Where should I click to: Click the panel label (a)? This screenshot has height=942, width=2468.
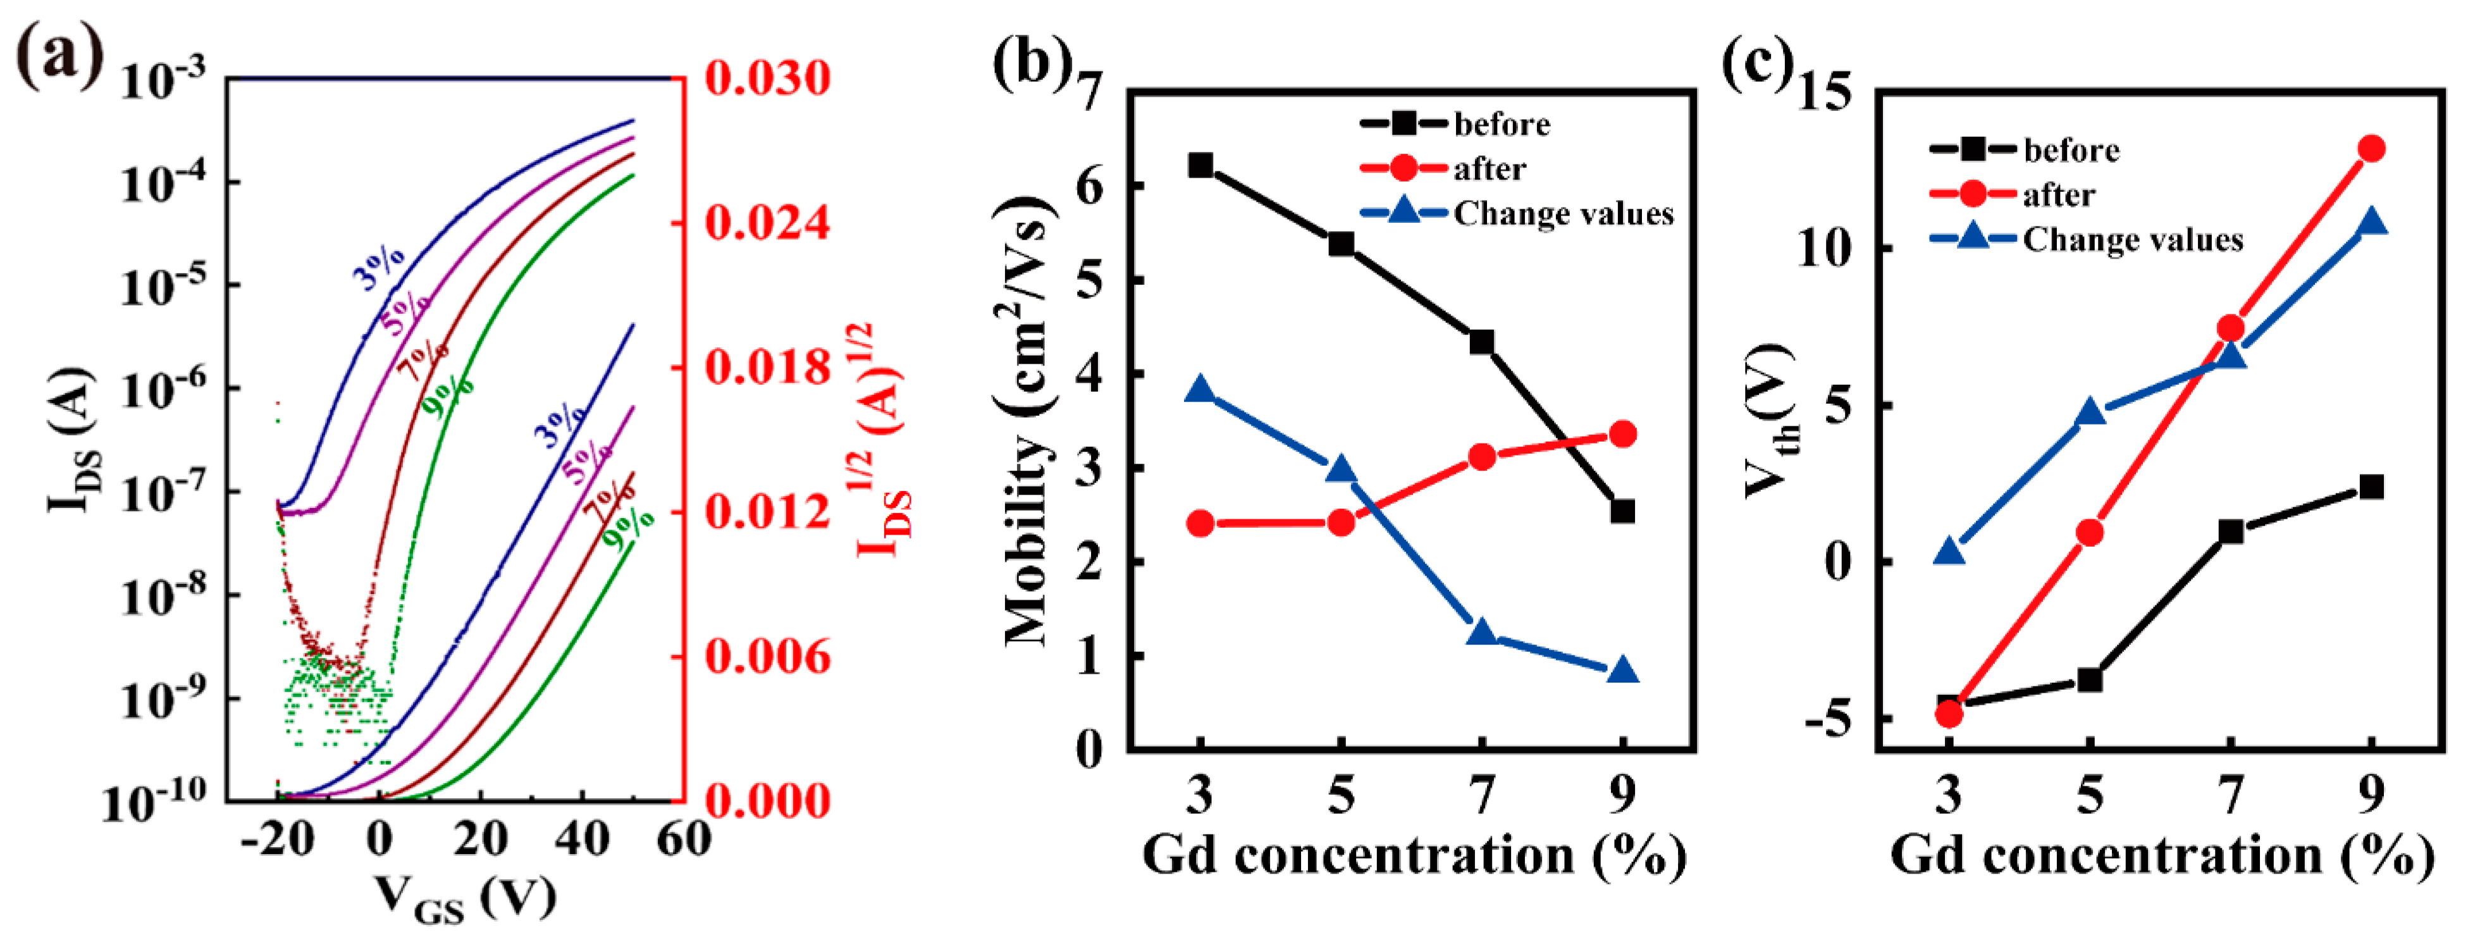click(59, 58)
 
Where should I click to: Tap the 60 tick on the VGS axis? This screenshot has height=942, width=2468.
click(682, 840)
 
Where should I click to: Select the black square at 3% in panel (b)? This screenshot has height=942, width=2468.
click(1200, 166)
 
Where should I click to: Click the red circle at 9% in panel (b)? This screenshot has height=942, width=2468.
click(1622, 434)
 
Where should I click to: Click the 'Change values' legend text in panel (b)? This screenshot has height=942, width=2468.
click(1564, 214)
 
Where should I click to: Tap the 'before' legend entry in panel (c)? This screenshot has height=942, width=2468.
click(2070, 151)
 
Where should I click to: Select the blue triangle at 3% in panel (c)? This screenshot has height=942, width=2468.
click(1950, 552)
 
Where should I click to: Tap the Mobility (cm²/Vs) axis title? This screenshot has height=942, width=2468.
click(1029, 421)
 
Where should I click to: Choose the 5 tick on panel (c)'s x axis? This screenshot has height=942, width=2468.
click(2090, 795)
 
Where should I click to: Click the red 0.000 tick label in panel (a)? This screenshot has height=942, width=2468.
click(767, 800)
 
